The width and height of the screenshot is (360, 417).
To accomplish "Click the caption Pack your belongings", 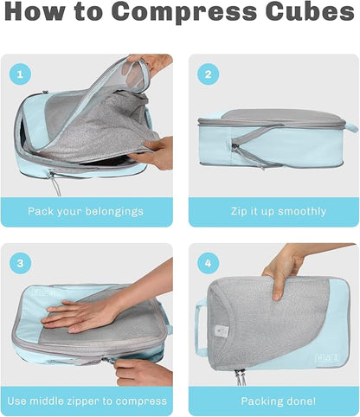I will pyautogui.click(x=86, y=210).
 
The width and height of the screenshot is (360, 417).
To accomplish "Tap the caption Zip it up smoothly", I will pyautogui.click(x=273, y=210).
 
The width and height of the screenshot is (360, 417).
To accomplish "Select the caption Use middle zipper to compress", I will pyautogui.click(x=86, y=400).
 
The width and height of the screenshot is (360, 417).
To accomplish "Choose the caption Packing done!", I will pyautogui.click(x=273, y=400).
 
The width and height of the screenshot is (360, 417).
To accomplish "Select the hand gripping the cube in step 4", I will pyautogui.click(x=286, y=268).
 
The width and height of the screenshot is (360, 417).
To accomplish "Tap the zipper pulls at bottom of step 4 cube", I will pyautogui.click(x=240, y=376).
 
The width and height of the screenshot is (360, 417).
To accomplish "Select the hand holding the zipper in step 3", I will pyautogui.click(x=143, y=370).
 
